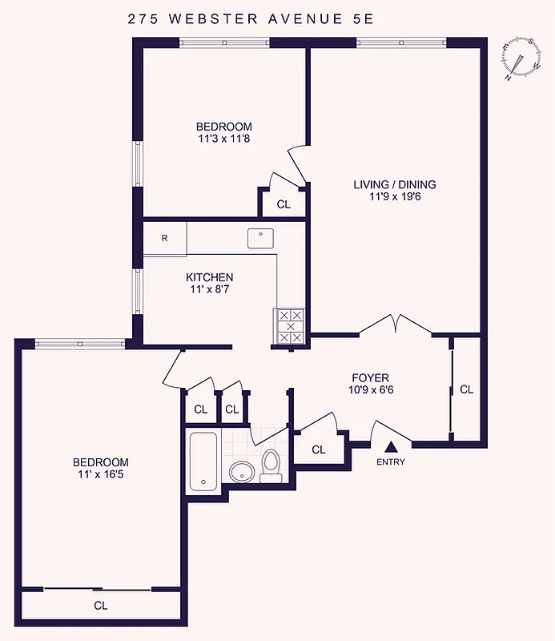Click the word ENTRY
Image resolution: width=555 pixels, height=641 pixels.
tap(391, 462)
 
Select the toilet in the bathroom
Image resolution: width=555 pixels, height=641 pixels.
tap(271, 466)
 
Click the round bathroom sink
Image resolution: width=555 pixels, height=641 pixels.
tap(241, 472)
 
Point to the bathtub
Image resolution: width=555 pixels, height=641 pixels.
tap(203, 462)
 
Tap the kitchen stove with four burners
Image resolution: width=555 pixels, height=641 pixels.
tap(289, 326)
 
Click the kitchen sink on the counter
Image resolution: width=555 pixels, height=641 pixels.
tap(260, 238)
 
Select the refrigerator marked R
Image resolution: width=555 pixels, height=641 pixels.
tap(164, 238)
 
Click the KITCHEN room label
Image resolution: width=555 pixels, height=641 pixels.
tap(211, 277)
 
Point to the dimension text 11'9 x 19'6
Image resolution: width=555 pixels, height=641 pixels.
tap(395, 196)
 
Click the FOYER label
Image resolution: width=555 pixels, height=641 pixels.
tap(370, 377)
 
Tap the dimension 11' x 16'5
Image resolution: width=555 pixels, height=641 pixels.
tap(100, 474)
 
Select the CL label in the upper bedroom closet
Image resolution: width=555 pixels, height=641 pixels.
tap(284, 204)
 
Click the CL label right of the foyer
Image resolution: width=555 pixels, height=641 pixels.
tap(466, 389)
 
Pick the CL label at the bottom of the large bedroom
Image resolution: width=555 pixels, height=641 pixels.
tap(100, 606)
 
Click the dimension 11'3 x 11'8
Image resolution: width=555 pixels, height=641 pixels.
tap(224, 139)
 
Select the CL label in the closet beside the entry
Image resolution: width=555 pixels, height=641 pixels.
tap(319, 450)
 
